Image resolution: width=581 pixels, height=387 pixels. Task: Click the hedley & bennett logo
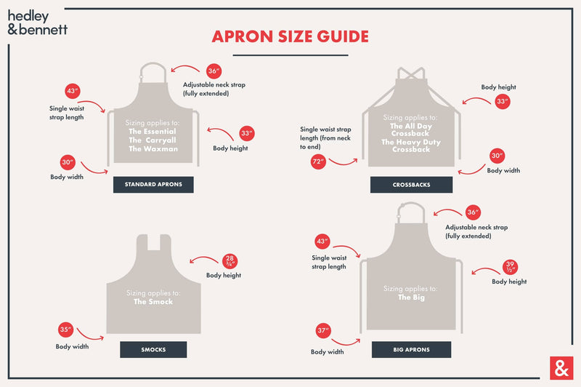(x=38, y=21)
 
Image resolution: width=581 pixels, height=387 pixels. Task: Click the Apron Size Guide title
(x=290, y=36)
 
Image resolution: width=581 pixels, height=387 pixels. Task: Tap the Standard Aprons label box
(x=153, y=185)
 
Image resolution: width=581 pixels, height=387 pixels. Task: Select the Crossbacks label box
(x=411, y=185)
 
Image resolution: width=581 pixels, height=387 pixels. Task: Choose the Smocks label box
(x=153, y=350)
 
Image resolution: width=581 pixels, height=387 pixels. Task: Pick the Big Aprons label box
(x=411, y=350)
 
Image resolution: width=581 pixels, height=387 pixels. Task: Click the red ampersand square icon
(x=560, y=368)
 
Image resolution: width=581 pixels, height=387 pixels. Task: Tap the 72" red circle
(x=318, y=161)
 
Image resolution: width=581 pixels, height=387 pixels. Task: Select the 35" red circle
(x=65, y=330)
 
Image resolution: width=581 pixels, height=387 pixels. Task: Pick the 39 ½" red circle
(x=511, y=267)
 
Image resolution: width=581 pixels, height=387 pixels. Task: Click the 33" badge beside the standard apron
(x=247, y=134)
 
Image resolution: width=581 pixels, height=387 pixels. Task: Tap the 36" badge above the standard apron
(x=214, y=71)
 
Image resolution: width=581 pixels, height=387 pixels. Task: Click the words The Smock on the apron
(x=153, y=302)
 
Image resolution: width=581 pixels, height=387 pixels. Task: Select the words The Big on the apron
(x=411, y=298)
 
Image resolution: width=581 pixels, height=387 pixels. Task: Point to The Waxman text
(x=153, y=148)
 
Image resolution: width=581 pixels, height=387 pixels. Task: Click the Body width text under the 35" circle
(x=72, y=346)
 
